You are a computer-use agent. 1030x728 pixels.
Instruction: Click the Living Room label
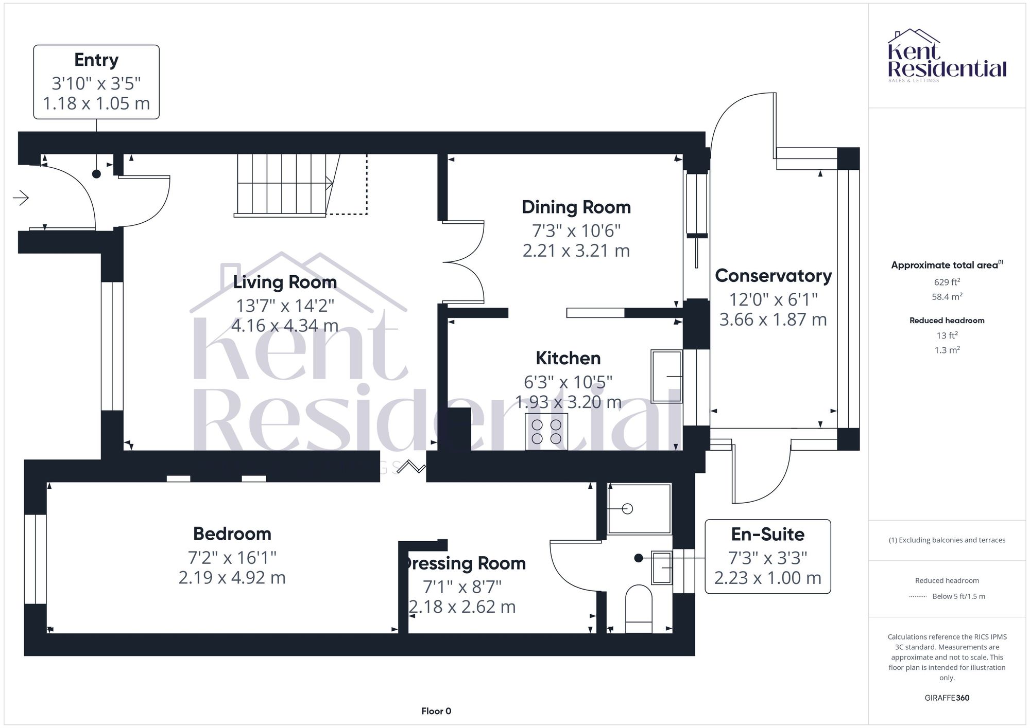(x=285, y=282)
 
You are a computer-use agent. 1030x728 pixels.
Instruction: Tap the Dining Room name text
(x=576, y=207)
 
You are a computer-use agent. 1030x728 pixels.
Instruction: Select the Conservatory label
(x=773, y=276)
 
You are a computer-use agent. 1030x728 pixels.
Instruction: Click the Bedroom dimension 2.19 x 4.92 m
(x=232, y=578)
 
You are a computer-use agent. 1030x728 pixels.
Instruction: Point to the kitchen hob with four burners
(x=546, y=432)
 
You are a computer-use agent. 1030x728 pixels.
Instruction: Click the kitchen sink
(x=666, y=377)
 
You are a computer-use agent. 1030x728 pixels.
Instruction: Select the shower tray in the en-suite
(x=640, y=509)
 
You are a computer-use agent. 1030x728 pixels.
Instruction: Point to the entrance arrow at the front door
(x=21, y=198)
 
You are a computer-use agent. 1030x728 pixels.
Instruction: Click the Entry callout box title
(x=96, y=60)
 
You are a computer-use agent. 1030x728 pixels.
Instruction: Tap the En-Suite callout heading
(x=767, y=535)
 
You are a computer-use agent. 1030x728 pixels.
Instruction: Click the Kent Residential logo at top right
(x=947, y=56)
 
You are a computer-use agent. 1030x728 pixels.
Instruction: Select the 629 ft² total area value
(x=947, y=282)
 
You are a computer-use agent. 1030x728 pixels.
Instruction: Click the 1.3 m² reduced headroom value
(x=947, y=350)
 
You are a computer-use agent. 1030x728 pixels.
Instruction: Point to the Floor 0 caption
(x=436, y=711)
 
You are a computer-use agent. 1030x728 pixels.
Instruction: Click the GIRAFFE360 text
(x=947, y=698)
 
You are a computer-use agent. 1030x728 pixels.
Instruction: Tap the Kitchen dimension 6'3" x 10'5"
(x=568, y=382)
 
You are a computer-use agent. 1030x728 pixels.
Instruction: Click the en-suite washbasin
(x=662, y=567)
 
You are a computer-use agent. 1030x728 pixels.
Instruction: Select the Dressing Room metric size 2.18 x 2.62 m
(x=462, y=607)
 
